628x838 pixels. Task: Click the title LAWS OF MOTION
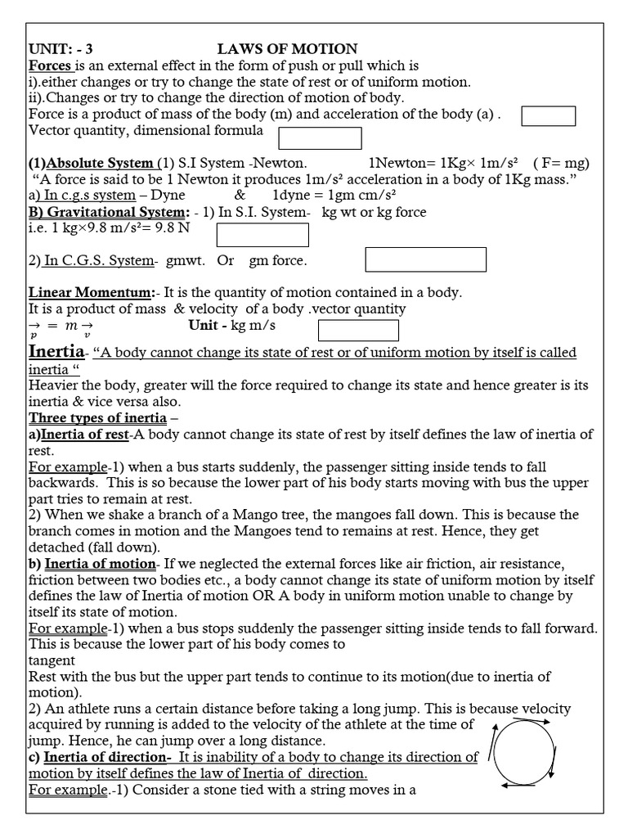pyautogui.click(x=287, y=49)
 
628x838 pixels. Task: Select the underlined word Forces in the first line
pyautogui.click(x=51, y=65)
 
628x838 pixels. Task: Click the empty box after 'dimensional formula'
pyautogui.click(x=320, y=138)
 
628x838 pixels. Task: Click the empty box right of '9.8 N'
pyautogui.click(x=262, y=235)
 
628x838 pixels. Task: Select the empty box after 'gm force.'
pyautogui.click(x=424, y=259)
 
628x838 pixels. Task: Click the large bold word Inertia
pyautogui.click(x=56, y=352)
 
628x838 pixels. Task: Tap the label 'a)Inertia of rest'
pyautogui.click(x=79, y=434)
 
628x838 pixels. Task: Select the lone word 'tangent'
pyautogui.click(x=52, y=660)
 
